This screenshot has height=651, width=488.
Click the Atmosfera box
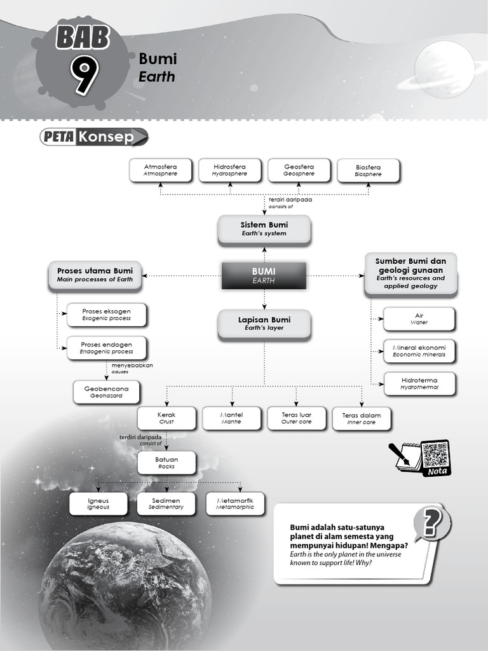(x=160, y=170)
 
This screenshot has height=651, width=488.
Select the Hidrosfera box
(x=229, y=170)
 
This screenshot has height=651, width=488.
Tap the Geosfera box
(x=299, y=170)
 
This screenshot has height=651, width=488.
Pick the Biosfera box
(x=368, y=170)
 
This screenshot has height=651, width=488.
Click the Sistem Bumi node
(x=264, y=229)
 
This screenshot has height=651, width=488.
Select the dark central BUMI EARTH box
(x=264, y=275)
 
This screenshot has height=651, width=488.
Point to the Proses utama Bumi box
(x=95, y=275)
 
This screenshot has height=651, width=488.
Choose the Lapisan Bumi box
(x=264, y=324)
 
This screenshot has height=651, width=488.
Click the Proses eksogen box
(x=107, y=314)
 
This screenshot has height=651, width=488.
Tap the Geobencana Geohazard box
(x=106, y=391)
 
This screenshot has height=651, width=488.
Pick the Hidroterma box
(x=419, y=383)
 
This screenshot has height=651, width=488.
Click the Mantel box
(x=231, y=418)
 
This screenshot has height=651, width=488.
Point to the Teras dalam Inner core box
(x=361, y=418)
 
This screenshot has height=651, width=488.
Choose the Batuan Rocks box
(x=166, y=462)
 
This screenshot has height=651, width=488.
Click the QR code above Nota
(x=435, y=454)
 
